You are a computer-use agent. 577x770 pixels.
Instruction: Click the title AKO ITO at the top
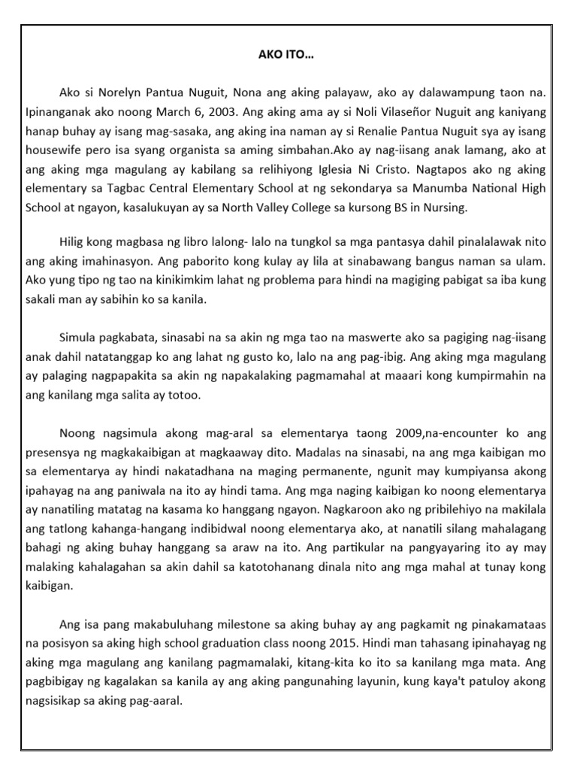[x=288, y=55]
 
